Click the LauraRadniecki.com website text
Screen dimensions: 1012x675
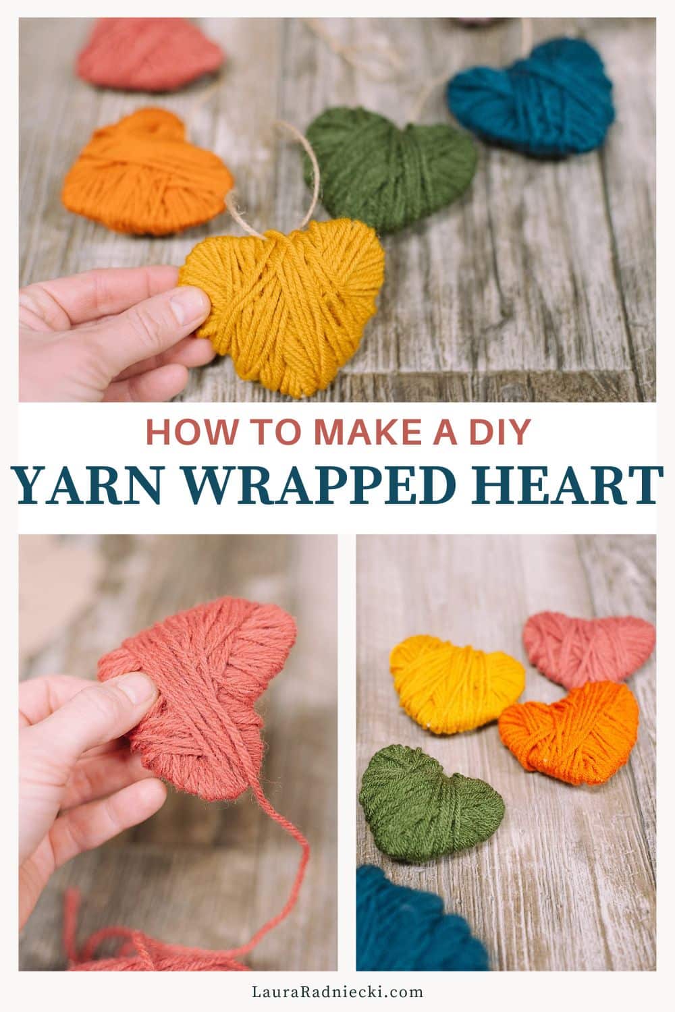pyautogui.click(x=337, y=992)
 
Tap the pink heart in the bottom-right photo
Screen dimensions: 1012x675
pyautogui.click(x=587, y=648)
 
